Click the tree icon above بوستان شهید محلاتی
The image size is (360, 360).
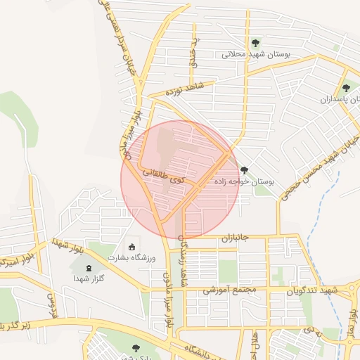(255, 43)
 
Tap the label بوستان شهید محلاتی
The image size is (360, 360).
(252, 54)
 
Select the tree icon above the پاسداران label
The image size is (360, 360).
(345, 89)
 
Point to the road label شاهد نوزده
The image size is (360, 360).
(184, 89)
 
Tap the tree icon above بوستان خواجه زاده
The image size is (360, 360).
(245, 170)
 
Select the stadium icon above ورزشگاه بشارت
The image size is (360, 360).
(131, 246)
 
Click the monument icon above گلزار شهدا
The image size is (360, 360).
(88, 268)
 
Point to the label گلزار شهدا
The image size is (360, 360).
(88, 279)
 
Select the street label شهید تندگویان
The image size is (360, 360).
(315, 290)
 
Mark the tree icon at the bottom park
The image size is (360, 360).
(135, 347)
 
